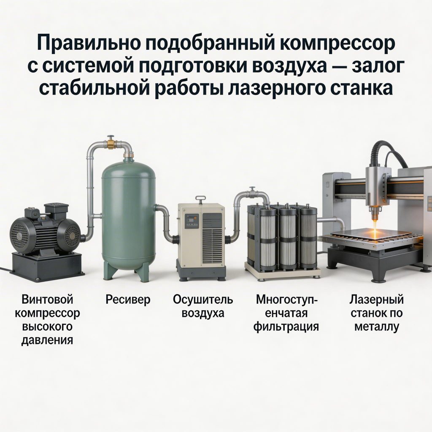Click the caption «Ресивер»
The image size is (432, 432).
(x=128, y=300)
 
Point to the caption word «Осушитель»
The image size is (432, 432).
(x=203, y=300)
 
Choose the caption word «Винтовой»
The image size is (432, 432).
(x=47, y=300)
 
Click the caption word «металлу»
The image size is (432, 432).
(x=377, y=327)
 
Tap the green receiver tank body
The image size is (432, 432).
(x=129, y=215)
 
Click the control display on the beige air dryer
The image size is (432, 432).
(x=191, y=221)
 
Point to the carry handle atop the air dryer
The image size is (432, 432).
(x=200, y=198)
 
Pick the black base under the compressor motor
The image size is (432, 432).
(x=47, y=266)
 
